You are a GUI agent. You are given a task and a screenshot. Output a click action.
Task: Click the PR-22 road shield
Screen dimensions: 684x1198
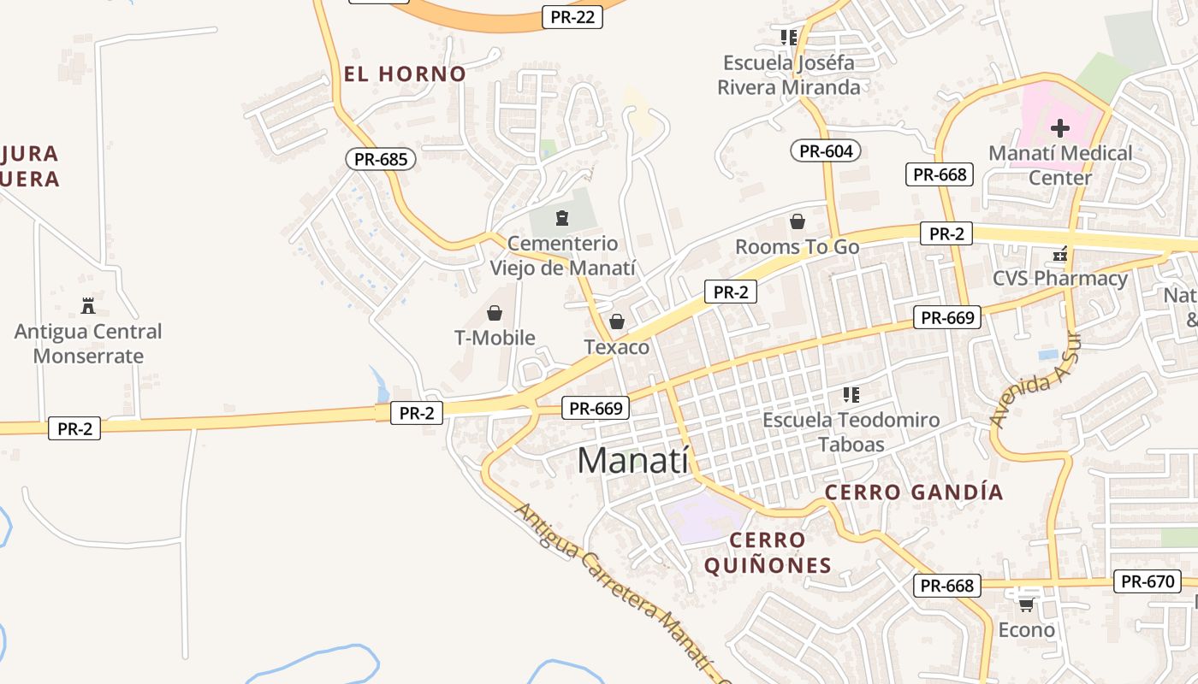[572, 17]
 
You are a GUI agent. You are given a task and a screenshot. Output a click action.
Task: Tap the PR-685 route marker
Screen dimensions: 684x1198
[381, 158]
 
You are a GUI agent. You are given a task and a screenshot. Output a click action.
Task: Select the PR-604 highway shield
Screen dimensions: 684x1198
[825, 151]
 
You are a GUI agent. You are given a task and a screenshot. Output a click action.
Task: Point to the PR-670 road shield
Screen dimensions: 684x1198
[1148, 581]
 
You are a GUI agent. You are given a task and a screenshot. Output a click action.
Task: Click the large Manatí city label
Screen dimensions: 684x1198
[632, 461]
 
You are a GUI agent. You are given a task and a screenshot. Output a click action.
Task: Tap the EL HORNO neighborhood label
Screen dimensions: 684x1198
[405, 74]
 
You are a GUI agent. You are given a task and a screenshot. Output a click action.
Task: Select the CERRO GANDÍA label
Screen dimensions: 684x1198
[914, 492]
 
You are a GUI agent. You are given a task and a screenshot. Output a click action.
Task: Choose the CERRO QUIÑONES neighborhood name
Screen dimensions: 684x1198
[768, 552]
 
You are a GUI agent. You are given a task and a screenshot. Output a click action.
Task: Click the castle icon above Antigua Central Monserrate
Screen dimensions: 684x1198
[87, 305]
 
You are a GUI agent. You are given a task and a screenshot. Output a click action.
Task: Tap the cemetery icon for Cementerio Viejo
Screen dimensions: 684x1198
[561, 218]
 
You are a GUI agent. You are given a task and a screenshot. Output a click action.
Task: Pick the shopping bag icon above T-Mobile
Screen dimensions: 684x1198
[494, 313]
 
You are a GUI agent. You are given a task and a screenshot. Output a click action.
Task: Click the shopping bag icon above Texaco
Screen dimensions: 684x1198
[616, 322]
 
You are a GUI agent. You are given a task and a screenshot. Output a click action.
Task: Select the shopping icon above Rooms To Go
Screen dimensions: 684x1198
[798, 222]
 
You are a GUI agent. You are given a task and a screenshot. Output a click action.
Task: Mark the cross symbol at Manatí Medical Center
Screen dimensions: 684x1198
[1060, 129]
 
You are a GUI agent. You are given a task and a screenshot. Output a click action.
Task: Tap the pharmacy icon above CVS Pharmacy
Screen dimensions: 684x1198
[1060, 254]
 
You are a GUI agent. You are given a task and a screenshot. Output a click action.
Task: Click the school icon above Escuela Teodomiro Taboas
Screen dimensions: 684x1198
[851, 395]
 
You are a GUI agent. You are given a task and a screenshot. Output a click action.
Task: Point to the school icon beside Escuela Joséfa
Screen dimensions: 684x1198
[788, 38]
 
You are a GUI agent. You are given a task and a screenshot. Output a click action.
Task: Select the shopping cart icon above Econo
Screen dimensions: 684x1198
[1025, 604]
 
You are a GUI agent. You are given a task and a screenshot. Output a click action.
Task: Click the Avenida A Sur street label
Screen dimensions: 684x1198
[1023, 390]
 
